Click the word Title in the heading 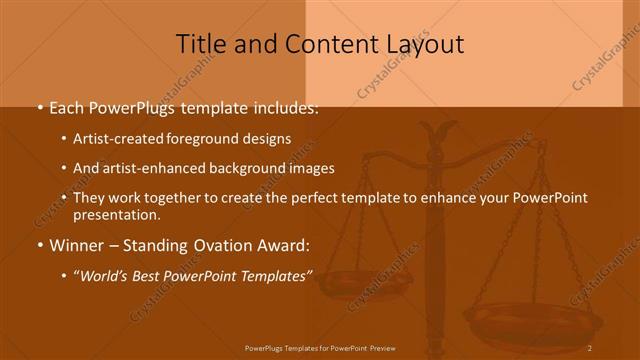coord(200,44)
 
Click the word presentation coord(116,214)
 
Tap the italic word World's coord(107,275)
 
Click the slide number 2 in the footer coord(590,348)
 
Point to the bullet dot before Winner coord(39,245)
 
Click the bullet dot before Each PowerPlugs coord(39,106)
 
